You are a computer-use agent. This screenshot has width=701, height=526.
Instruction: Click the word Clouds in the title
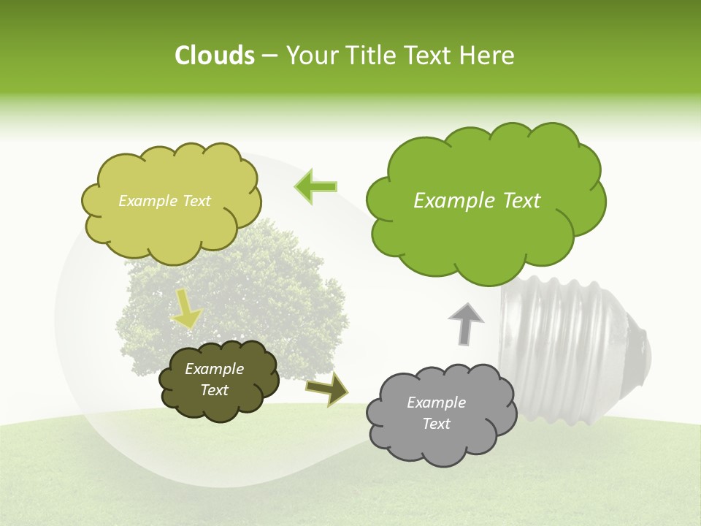pos(214,56)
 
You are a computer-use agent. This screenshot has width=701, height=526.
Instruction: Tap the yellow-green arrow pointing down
pos(186,310)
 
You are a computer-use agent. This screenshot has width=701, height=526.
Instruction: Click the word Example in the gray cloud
pos(436,403)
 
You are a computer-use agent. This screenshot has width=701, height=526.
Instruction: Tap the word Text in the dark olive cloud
pos(215,390)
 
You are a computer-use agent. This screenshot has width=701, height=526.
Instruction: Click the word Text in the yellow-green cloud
pos(194,201)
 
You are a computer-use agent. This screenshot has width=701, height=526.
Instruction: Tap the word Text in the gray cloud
pos(436,424)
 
